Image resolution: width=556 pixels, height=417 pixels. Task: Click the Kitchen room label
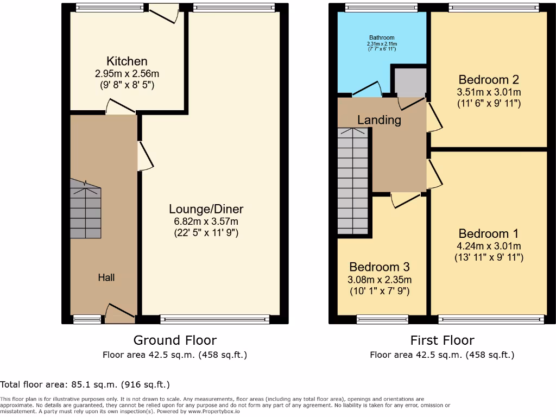coord(127,61)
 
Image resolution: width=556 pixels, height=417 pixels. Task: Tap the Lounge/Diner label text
coord(206,209)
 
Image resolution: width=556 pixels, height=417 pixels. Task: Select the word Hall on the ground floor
coord(106,277)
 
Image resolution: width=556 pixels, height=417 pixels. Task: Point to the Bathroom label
coord(381,37)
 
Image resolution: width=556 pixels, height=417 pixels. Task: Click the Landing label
coord(379,120)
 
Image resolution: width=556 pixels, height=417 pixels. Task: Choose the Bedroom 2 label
coord(489,80)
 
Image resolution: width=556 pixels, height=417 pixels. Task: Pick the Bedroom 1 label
coord(489,233)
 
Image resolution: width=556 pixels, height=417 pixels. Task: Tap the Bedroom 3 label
coord(379,267)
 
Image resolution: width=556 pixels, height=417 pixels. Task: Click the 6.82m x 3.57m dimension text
coord(206,222)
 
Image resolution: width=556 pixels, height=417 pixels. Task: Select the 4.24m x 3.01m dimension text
coord(489,246)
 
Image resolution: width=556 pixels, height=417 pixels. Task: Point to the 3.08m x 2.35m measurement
coord(379,280)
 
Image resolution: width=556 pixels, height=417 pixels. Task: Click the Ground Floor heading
coord(175,340)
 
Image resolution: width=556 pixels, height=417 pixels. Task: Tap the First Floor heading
coord(442,340)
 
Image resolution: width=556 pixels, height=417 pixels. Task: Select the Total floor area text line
coord(85,384)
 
